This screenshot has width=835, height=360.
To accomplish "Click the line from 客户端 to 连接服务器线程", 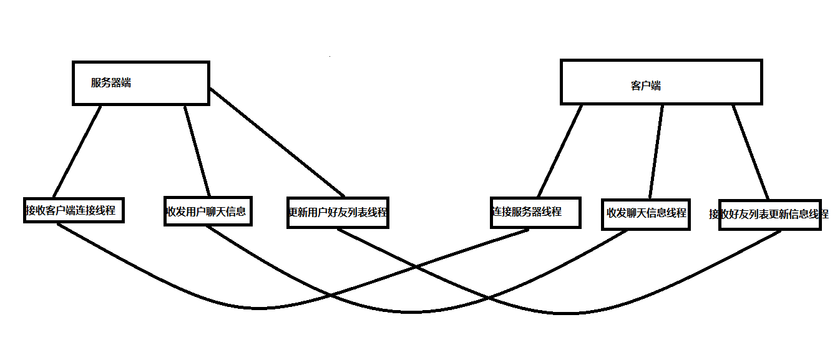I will coord(560,150).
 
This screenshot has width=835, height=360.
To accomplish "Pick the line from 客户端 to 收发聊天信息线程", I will coord(656,151).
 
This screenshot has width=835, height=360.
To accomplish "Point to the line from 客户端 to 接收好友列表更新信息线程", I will coord(751,151).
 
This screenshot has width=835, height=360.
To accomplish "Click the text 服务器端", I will coord(111,82).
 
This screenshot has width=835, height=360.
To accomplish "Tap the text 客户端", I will coord(646,86).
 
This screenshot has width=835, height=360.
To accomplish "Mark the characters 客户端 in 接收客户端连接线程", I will coord(61,210).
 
